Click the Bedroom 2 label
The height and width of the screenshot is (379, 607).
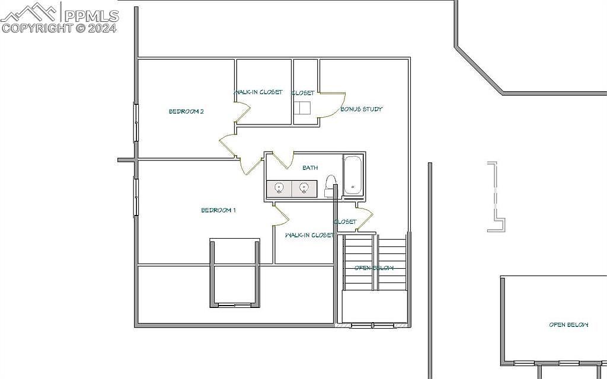(186, 111)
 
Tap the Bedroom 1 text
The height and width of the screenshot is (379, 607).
(219, 210)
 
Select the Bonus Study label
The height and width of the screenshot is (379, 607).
(361, 109)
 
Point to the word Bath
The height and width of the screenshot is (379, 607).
(310, 168)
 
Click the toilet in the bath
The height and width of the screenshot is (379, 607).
(330, 185)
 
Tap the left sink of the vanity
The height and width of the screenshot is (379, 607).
(279, 188)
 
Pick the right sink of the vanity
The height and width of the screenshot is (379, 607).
(303, 188)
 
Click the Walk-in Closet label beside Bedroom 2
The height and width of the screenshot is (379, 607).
(258, 92)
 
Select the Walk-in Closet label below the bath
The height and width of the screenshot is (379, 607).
(309, 235)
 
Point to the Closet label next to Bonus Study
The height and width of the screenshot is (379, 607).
(303, 93)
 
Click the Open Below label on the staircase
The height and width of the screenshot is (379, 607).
(374, 268)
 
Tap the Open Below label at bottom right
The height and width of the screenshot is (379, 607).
(568, 325)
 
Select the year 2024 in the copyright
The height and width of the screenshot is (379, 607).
(103, 27)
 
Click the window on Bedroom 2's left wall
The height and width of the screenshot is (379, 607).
(136, 123)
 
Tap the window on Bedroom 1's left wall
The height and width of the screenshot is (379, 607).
(136, 197)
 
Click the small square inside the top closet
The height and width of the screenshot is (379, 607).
(304, 107)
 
